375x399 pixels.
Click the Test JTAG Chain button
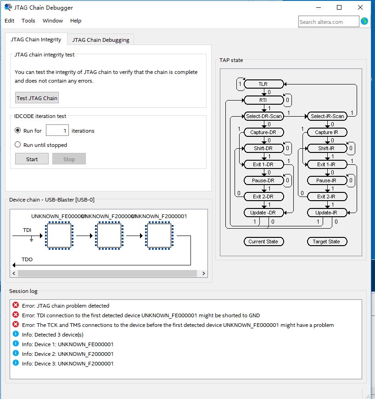37,98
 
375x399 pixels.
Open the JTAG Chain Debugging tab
101,40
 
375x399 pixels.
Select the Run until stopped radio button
18,145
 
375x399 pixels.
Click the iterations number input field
57,131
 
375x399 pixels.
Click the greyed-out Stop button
69,159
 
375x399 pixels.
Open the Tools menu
28,21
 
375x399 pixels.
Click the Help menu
76,21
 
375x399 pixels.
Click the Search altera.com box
328,22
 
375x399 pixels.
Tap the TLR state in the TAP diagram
263,84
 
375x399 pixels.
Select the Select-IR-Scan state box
327,116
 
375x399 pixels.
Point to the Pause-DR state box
263,180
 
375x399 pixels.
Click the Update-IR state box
327,213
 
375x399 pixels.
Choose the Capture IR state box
327,132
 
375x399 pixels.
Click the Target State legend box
327,242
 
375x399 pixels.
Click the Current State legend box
263,242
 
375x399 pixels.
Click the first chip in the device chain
58,236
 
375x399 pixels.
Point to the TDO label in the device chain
28,259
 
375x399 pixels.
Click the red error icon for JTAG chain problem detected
16,305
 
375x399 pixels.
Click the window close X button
360,7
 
